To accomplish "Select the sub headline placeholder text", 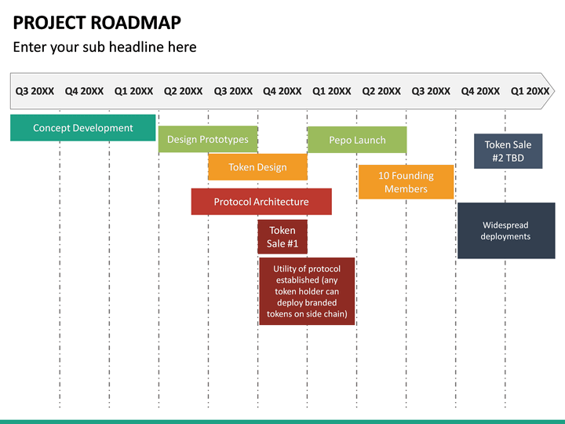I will click(x=104, y=47).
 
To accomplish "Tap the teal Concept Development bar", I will click(x=82, y=128).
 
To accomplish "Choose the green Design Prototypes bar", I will click(x=207, y=140).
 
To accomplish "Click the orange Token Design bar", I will click(x=257, y=167).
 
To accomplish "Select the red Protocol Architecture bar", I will click(x=261, y=202).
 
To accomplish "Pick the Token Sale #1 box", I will click(x=282, y=236).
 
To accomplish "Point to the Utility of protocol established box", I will click(x=306, y=291).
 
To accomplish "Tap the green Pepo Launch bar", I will click(x=357, y=140).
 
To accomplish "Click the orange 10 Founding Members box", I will click(x=406, y=182).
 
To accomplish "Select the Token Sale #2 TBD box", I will click(x=508, y=151).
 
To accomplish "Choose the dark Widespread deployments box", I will click(x=505, y=231).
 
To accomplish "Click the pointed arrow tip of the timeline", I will click(x=552, y=91).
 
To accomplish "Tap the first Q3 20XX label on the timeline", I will click(x=35, y=91).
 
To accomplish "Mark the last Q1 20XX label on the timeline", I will click(x=530, y=91).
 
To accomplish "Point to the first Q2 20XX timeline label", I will click(x=183, y=91).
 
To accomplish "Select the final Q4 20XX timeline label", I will click(x=480, y=91).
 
